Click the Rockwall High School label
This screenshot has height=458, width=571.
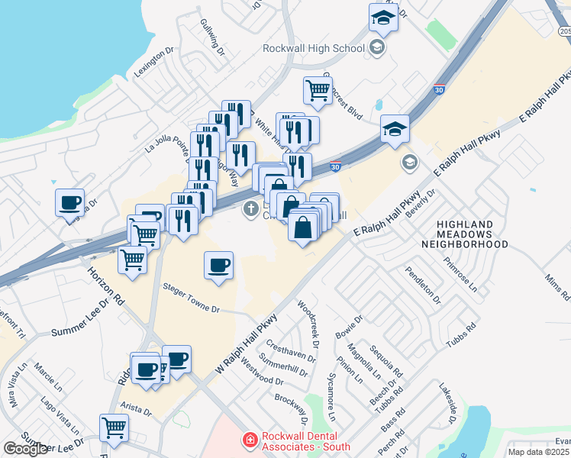tap(313, 48)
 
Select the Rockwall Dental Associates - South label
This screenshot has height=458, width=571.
tap(305, 441)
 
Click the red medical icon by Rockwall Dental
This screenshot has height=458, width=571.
tap(249, 440)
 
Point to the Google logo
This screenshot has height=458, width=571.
tap(25, 449)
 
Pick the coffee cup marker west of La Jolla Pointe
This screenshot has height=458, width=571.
tap(70, 203)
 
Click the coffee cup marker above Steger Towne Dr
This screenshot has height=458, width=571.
tap(218, 265)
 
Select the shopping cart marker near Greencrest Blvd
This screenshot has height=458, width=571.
tap(318, 91)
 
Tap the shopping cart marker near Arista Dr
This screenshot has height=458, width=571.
tap(115, 427)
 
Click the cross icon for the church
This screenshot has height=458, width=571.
tap(250, 209)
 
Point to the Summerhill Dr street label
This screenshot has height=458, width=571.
tap(282, 365)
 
